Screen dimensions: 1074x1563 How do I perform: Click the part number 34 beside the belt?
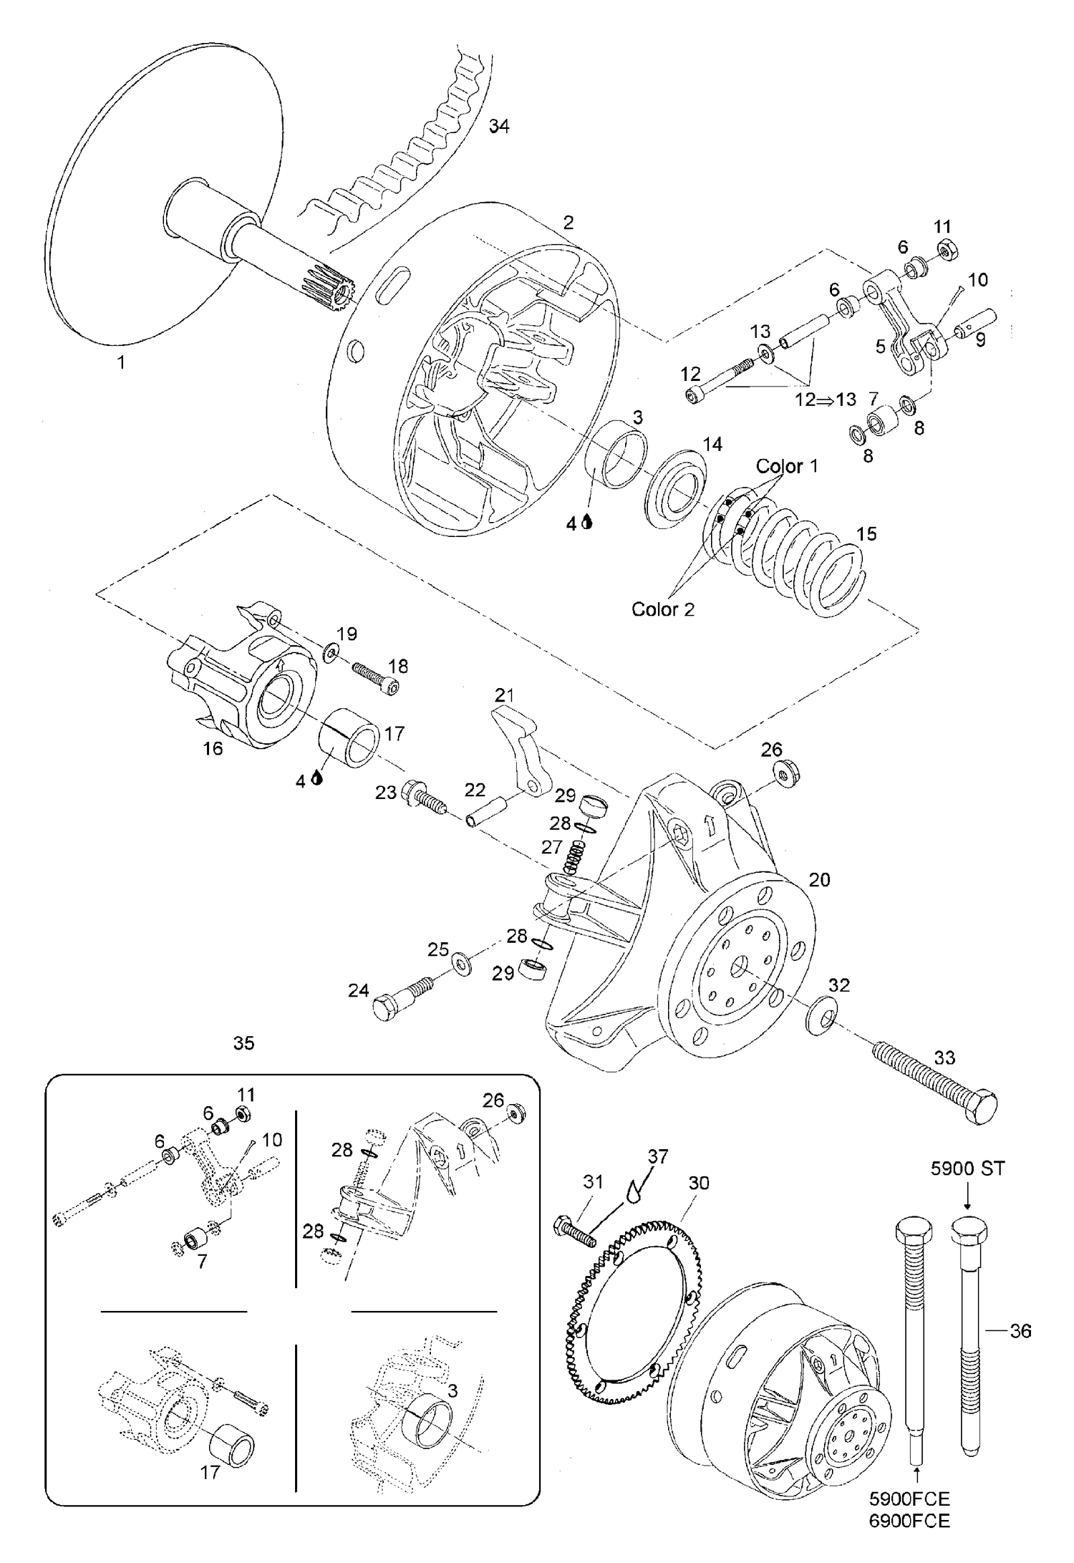(499, 126)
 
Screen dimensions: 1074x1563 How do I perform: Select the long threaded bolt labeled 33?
(934, 1085)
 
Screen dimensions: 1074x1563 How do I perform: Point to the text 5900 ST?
(967, 1169)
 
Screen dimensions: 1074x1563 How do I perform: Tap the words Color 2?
(663, 609)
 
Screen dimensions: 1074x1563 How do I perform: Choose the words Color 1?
(787, 466)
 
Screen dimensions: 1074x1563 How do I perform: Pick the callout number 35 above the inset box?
(244, 1043)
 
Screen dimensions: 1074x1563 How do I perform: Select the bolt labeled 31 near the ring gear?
(575, 1231)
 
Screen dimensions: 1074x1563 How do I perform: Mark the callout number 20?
(819, 879)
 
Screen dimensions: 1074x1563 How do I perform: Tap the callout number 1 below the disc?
(121, 362)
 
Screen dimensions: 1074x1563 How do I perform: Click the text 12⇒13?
(826, 400)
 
